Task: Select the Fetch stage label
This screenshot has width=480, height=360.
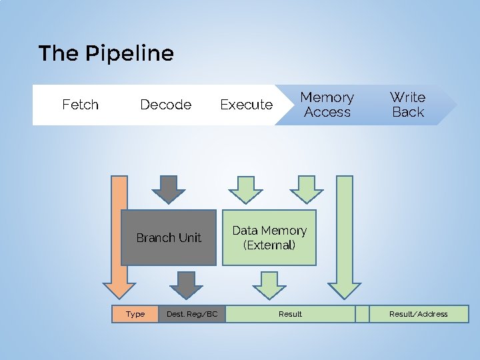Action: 80,105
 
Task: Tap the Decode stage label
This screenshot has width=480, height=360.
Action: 165,105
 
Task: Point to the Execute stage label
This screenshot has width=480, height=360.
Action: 246,105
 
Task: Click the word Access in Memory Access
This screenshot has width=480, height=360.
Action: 327,113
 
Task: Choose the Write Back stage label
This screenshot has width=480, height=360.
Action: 407,105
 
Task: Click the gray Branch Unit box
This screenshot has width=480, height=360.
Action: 169,238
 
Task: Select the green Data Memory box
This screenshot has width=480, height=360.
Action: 269,238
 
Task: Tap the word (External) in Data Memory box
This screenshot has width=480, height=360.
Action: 269,245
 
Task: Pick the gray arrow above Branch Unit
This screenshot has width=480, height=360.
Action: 169,189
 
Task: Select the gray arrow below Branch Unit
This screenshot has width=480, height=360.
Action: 186,285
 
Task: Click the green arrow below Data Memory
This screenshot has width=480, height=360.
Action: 269,285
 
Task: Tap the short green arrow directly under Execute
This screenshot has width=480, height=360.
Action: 246,189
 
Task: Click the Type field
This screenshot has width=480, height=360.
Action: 135,314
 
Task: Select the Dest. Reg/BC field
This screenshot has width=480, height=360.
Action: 192,314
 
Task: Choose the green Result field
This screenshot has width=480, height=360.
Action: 290,314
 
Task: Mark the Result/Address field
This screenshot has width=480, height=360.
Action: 419,314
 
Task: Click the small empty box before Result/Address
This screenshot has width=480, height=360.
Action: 362,314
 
